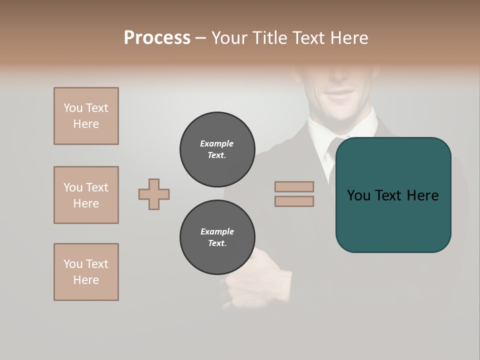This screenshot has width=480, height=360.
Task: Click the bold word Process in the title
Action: point(157,38)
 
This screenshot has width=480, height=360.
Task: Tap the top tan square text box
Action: point(86,116)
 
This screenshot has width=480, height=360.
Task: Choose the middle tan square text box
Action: point(86,195)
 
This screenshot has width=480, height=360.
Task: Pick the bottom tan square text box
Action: point(86,272)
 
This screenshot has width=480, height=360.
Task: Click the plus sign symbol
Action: point(154,194)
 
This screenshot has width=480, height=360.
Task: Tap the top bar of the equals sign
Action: point(294,186)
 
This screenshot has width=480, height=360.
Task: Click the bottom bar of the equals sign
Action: point(294,201)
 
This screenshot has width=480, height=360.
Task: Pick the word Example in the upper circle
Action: point(217,143)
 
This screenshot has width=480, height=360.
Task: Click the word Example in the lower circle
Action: point(217,231)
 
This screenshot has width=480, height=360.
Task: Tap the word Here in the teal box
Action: point(423,195)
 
